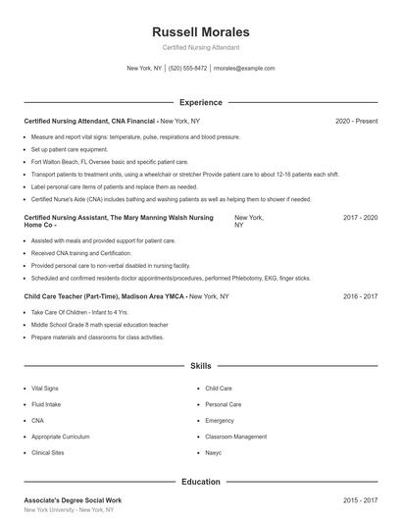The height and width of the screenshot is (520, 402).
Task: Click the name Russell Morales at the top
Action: tap(201, 32)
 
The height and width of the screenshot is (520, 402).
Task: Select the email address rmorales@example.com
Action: tap(244, 69)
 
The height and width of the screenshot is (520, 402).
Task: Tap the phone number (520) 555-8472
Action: tap(187, 69)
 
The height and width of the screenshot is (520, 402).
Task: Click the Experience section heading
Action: tap(201, 102)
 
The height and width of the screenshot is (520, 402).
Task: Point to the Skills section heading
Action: tap(201, 365)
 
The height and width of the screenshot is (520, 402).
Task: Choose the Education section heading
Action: tap(201, 482)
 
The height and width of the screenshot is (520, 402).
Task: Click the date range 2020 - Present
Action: tap(356, 121)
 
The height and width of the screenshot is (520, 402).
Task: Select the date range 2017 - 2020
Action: tap(360, 218)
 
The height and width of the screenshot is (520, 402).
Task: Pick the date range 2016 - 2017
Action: tap(360, 295)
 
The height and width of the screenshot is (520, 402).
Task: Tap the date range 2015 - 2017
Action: tap(360, 500)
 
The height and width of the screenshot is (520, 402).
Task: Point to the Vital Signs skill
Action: tap(45, 389)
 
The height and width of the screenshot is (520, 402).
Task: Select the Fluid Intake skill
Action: tap(46, 404)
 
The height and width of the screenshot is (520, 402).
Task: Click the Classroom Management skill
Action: tap(235, 437)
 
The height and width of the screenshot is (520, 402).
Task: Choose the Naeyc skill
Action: tap(214, 452)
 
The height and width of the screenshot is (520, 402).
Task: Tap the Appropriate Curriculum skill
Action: tap(61, 437)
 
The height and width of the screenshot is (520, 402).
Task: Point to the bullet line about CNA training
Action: tap(81, 252)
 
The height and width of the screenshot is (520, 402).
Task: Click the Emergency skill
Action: tap(220, 420)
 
